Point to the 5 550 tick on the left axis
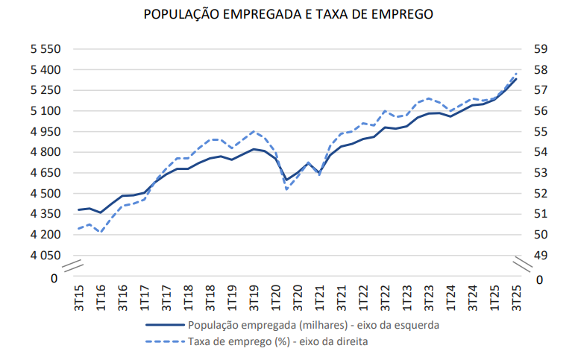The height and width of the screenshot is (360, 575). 45,49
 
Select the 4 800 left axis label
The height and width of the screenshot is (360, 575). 45,152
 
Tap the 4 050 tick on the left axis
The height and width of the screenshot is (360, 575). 45,255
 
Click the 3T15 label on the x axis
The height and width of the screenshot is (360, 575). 79,297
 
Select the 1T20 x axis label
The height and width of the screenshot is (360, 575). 275,297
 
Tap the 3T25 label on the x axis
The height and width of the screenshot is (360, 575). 515,297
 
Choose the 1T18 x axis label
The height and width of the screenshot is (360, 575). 188,297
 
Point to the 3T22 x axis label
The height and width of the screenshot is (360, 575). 385,297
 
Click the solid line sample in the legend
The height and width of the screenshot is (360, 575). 163,325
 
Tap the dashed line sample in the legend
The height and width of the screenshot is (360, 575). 163,342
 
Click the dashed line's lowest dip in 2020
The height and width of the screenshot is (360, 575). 286,189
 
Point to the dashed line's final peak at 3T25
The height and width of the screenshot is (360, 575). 516,73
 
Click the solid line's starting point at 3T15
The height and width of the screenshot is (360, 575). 78,209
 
